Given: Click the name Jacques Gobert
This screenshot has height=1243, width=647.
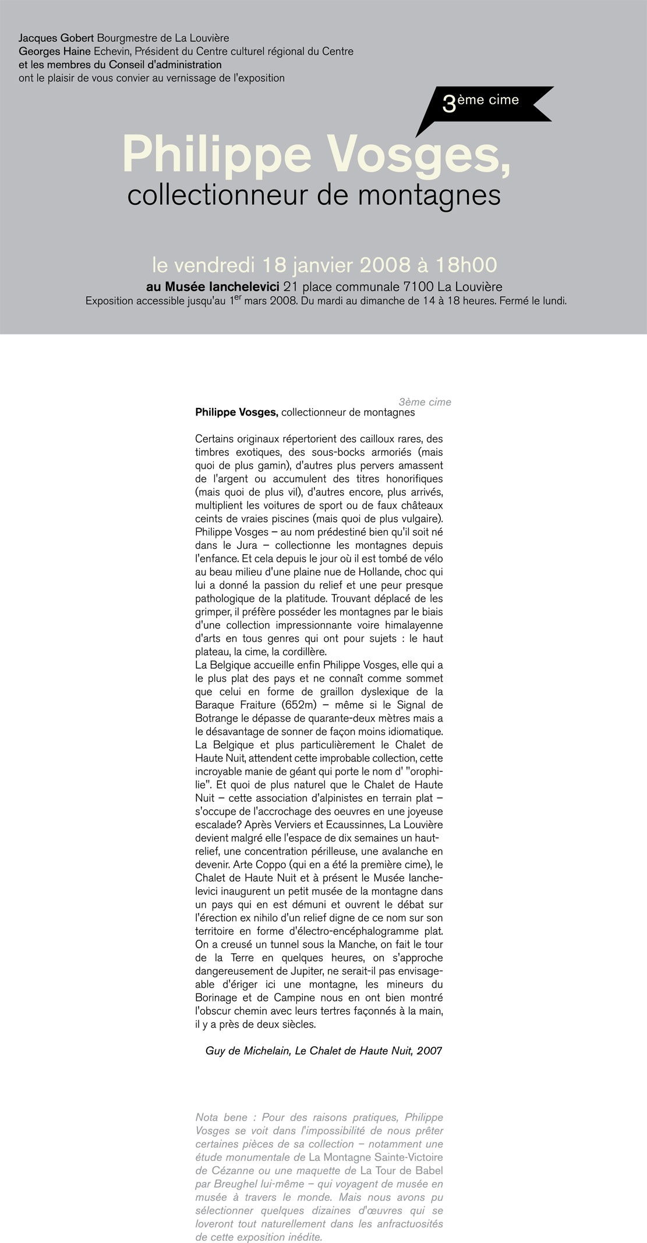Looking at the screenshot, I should [56, 39].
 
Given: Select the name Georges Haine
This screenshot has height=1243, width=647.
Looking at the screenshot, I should [55, 52].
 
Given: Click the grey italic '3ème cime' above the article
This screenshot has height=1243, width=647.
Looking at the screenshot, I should [425, 402].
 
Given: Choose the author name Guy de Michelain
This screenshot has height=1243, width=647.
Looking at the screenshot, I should [248, 1051].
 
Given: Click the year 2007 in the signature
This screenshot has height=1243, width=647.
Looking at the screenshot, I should [429, 1051].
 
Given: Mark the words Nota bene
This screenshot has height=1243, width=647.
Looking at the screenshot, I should [217, 1117].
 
